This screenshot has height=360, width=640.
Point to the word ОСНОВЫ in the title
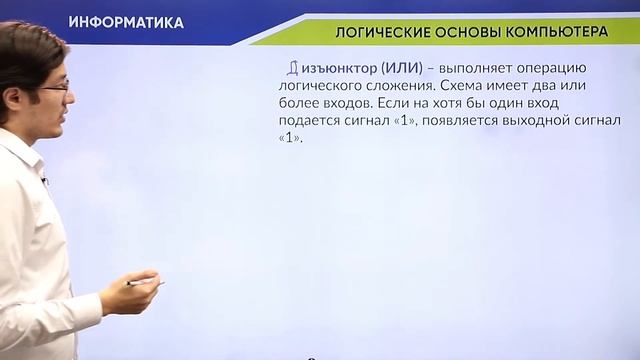tap(466, 32)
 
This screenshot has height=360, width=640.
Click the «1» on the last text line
tap(288, 140)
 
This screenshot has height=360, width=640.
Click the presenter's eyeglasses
tap(54, 88)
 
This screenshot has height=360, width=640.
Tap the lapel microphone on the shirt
tap(44, 180)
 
